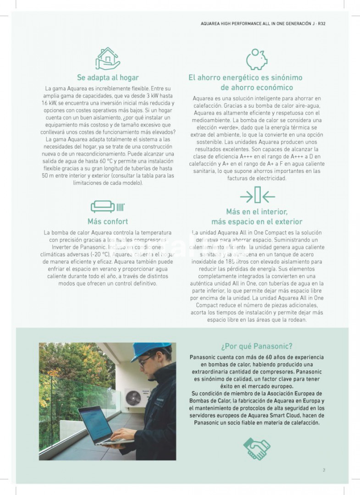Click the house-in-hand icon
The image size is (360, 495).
108,58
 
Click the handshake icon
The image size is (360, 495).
256,448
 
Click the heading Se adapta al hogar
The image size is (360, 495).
108,77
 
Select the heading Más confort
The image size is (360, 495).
108,221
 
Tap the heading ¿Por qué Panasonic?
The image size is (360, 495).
256,346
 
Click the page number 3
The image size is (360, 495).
324,470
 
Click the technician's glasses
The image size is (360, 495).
144,362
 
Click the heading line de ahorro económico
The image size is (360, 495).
256,88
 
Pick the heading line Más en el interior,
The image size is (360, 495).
256,212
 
